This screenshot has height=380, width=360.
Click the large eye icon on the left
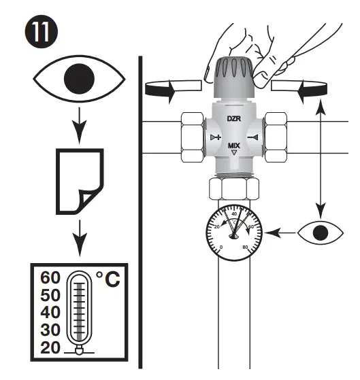[78, 80]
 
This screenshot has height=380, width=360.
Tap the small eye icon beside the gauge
[318, 232]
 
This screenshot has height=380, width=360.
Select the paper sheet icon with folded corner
[79, 179]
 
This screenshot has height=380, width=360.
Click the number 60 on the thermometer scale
[50, 279]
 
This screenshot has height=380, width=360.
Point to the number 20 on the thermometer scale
[50, 347]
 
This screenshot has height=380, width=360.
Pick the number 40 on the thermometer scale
[50, 313]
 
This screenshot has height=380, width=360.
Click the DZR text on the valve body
[234, 118]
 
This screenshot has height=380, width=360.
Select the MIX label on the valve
[234, 145]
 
